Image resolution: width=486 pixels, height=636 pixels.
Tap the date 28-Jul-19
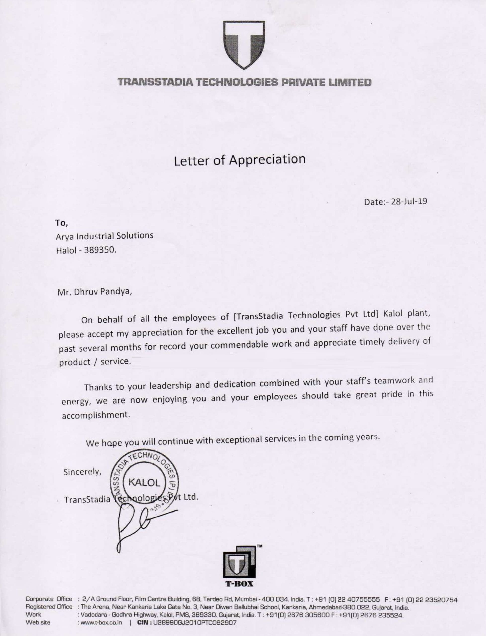[x=409, y=202]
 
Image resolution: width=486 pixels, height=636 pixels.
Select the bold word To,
[x=61, y=223]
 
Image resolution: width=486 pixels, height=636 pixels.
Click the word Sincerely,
[x=82, y=472]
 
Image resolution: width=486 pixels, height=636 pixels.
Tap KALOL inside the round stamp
[x=144, y=483]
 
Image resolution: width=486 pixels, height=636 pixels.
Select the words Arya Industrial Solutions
[x=104, y=236]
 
